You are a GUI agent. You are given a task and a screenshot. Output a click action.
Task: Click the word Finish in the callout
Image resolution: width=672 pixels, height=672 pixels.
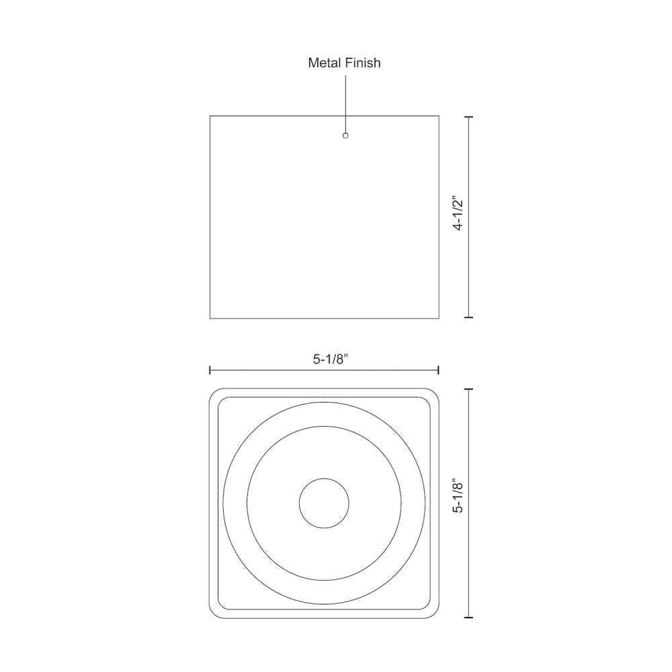[364, 63]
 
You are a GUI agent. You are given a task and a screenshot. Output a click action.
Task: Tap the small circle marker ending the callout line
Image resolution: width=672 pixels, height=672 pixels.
[345, 136]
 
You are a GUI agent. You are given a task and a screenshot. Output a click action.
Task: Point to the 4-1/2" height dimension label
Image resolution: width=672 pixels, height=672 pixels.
[458, 214]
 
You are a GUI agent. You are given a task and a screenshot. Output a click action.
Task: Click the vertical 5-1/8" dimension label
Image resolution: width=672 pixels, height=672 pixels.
[458, 497]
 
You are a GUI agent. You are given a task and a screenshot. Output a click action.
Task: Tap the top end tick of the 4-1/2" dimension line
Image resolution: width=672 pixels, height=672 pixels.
[468, 116]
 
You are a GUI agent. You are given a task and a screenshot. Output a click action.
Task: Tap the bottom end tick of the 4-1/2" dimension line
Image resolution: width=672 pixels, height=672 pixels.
[468, 317]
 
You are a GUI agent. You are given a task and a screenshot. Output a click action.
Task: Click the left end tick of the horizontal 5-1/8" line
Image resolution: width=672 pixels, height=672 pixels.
[210, 370]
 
